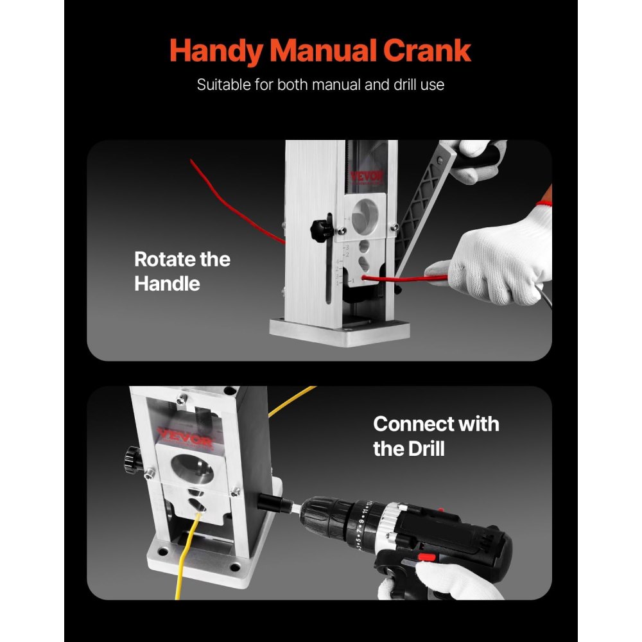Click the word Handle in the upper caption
tap(167, 283)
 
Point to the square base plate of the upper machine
tap(340, 331)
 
